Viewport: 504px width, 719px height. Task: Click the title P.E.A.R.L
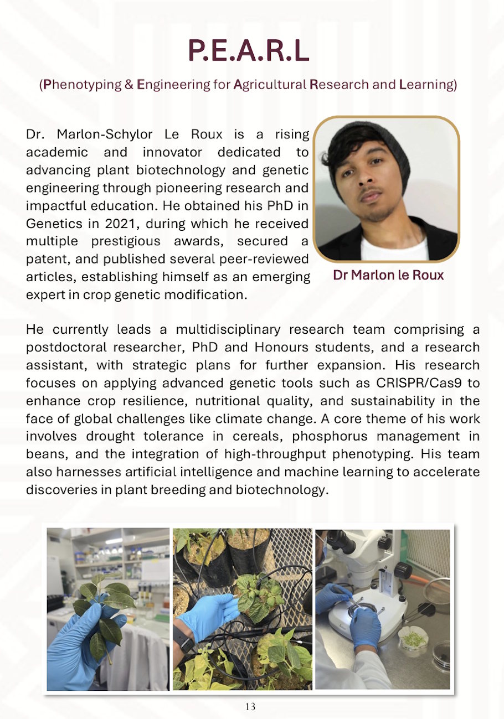pos(249,50)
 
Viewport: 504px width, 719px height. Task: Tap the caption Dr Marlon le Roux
pos(388,275)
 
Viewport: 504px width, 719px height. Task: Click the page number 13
pos(250,707)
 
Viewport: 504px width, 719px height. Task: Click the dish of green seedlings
pos(414,639)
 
